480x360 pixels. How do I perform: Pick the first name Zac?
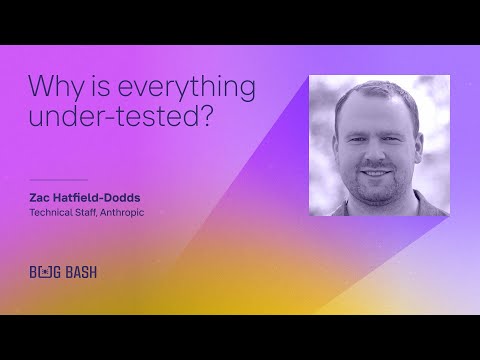(43, 197)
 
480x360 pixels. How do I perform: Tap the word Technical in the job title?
(54, 211)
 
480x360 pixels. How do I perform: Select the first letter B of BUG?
(35, 271)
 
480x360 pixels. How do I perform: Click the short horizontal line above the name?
(59, 180)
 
